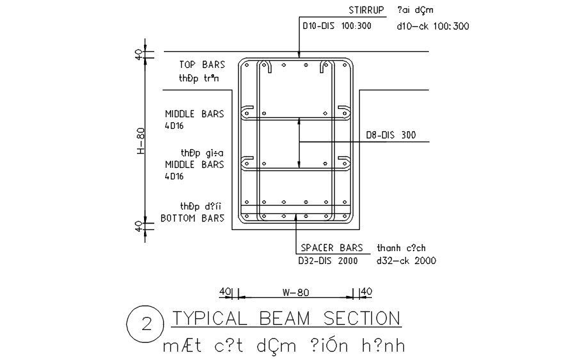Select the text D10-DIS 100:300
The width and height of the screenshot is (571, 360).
tap(337, 26)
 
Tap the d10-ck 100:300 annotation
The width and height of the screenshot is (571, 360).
tap(433, 26)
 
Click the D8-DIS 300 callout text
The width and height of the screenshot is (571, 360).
tap(390, 135)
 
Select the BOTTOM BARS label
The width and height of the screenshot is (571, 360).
tap(192, 218)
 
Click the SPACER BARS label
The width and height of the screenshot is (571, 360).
tap(331, 248)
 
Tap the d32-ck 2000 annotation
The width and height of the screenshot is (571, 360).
tap(407, 261)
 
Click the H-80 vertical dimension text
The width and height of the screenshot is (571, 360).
tap(141, 141)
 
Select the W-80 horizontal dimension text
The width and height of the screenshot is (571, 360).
tap(295, 293)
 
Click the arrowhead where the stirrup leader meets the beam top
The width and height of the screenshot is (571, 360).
tap(299, 58)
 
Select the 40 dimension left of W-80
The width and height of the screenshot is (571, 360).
tap(225, 292)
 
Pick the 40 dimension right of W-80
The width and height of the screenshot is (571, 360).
tap(366, 292)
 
